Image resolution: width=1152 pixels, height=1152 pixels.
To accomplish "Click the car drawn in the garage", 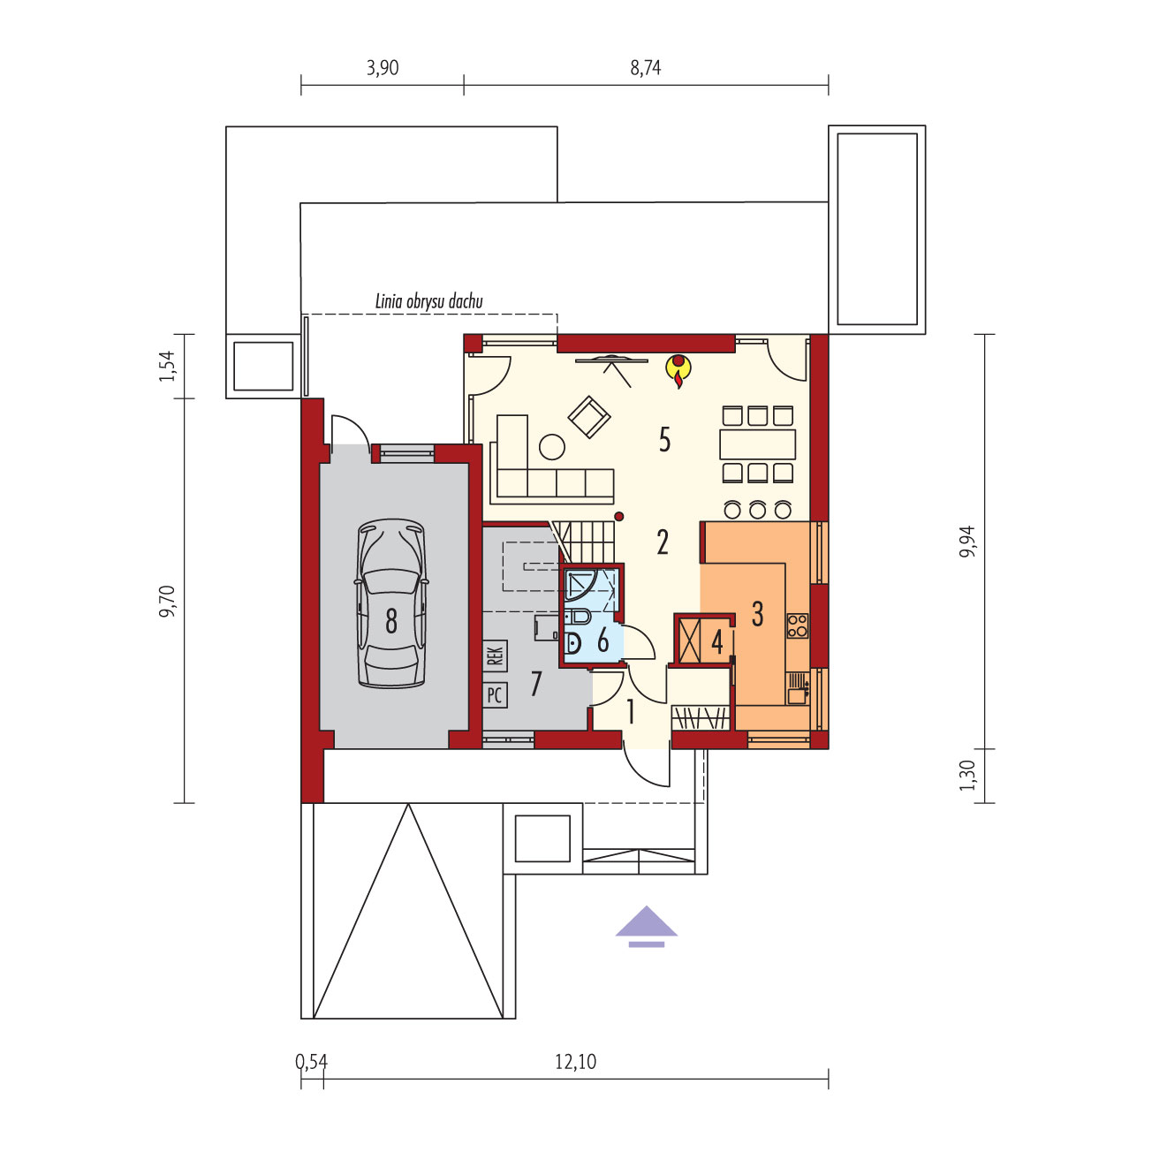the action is (391, 603).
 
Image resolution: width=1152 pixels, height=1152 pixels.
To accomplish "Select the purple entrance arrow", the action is (647, 926).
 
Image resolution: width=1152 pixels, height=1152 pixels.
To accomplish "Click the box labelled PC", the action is (495, 695).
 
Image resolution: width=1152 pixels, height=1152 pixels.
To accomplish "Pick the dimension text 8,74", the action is (646, 67).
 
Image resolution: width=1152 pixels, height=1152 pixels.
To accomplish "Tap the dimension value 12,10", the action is (576, 1062).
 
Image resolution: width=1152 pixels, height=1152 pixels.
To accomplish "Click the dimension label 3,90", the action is (383, 67).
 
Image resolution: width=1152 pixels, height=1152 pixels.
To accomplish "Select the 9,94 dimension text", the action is (967, 542).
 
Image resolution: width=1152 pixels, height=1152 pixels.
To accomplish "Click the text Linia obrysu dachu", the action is (428, 301).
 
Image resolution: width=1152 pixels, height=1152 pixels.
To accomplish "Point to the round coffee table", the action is (552, 447).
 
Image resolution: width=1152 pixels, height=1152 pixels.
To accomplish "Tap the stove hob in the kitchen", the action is (798, 626).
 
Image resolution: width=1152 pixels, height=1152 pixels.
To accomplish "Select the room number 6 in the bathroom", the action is (603, 640).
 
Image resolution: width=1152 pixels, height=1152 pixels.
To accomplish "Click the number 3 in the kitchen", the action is (757, 613).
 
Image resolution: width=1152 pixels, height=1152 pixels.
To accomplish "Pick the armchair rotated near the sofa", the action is (589, 417).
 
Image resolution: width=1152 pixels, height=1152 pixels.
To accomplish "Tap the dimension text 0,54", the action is (312, 1062).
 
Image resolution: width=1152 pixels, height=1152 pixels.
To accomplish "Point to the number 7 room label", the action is (535, 684).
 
